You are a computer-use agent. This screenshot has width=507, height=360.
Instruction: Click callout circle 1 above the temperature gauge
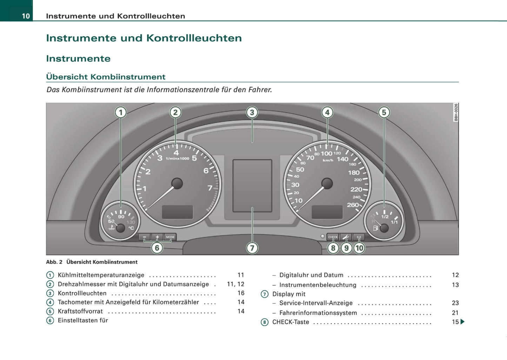pyautogui.click(x=121, y=112)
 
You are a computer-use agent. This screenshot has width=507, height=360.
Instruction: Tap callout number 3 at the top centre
pyautogui.click(x=252, y=112)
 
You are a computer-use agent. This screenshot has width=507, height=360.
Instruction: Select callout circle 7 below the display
pyautogui.click(x=252, y=248)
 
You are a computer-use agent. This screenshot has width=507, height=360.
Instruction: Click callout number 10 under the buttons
pyautogui.click(x=359, y=248)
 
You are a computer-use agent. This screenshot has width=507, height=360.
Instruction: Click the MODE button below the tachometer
pyautogui.click(x=170, y=237)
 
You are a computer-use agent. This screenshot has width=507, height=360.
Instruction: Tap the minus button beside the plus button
pyautogui.click(x=144, y=237)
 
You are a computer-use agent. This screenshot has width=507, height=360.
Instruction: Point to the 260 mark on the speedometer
pyautogui.click(x=353, y=205)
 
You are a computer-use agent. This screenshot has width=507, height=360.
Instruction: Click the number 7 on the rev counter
pyautogui.click(x=210, y=188)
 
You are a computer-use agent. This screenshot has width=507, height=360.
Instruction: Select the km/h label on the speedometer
pyautogui.click(x=328, y=160)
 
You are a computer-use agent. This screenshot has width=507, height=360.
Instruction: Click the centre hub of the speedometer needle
pyautogui.click(x=327, y=183)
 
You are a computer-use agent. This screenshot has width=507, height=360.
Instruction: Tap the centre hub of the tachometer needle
pyautogui.click(x=177, y=183)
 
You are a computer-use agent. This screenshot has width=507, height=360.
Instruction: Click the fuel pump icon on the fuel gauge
pyautogui.click(x=376, y=228)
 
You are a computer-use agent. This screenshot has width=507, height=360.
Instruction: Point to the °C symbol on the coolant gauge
pyautogui.click(x=131, y=228)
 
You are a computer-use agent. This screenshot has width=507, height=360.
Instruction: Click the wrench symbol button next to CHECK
pyautogui.click(x=346, y=237)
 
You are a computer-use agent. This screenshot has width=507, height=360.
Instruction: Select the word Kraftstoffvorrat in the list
pyautogui.click(x=80, y=311)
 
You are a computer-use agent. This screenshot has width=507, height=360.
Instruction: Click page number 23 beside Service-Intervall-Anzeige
pyautogui.click(x=455, y=303)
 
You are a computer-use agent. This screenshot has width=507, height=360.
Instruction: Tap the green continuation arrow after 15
pyautogui.click(x=462, y=322)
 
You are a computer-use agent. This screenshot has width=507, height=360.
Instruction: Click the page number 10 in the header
pyautogui.click(x=26, y=16)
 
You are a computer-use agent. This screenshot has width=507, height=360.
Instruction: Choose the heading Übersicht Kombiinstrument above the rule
pyautogui.click(x=106, y=77)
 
